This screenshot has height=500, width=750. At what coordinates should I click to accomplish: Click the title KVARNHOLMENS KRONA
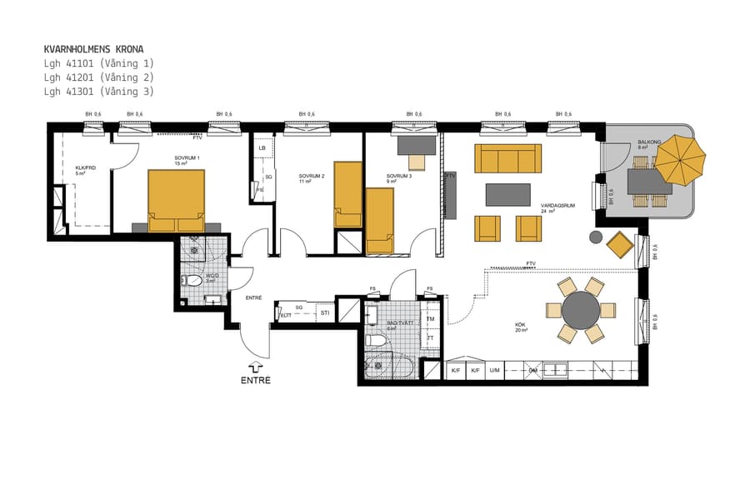[x=93, y=49]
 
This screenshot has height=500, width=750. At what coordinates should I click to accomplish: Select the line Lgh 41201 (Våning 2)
[x=98, y=77]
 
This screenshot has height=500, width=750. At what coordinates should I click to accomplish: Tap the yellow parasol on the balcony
[x=679, y=160]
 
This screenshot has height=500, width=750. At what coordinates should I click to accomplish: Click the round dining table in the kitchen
[x=581, y=311]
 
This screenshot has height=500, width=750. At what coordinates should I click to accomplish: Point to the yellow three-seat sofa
[x=507, y=158]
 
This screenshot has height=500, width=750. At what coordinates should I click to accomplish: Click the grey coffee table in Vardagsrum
[x=507, y=195]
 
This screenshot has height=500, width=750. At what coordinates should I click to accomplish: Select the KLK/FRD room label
[x=85, y=170]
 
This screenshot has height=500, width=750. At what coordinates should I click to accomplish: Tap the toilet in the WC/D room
[x=192, y=280]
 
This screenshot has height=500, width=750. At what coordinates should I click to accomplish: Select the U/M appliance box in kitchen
[x=495, y=369]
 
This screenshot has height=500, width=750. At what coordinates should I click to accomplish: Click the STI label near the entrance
[x=325, y=313]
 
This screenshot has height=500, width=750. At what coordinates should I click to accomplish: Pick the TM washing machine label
[x=430, y=319]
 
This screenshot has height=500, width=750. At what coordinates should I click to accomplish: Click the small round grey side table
[x=595, y=237]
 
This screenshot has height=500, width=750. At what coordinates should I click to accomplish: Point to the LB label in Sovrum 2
[x=262, y=148]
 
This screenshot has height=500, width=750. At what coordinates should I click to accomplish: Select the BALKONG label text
[x=649, y=142]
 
